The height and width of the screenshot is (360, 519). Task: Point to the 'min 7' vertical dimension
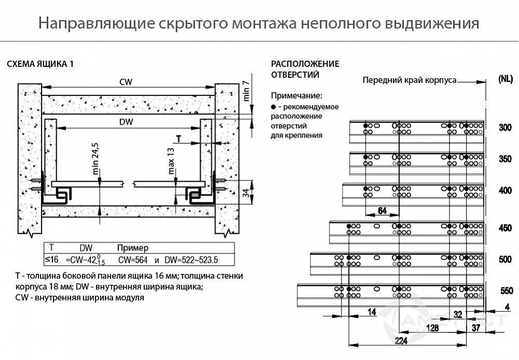tap(247, 91)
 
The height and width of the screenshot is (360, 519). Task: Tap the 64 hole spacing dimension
tap(382, 210)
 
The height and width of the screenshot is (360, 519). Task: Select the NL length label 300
tap(505, 128)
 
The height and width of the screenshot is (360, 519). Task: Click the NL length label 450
tap(505, 228)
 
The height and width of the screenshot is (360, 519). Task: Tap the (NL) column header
tap(505, 79)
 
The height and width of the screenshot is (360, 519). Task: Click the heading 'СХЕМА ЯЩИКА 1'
tap(40, 64)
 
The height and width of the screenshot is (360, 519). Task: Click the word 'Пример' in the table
tap(133, 248)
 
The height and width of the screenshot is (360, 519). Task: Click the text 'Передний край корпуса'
tap(409, 80)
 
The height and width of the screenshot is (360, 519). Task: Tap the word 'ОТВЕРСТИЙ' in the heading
tap(295, 74)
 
